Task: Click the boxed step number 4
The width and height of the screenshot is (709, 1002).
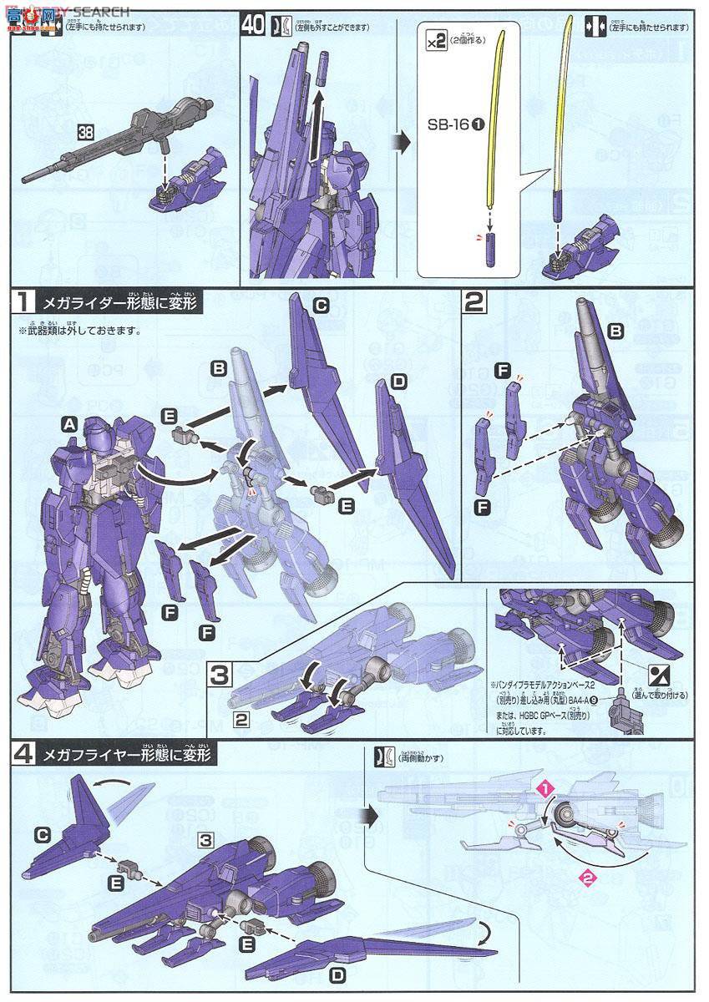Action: point(20,757)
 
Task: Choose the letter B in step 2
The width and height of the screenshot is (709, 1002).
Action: point(617,332)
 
